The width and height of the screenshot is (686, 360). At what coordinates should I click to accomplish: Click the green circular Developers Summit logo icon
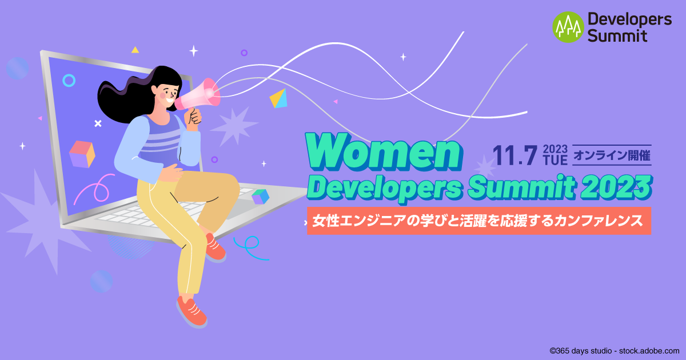pyautogui.click(x=568, y=27)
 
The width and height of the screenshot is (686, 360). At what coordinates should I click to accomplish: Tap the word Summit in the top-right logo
pyautogui.click(x=617, y=36)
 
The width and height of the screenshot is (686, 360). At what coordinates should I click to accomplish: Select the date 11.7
pyautogui.click(x=514, y=155)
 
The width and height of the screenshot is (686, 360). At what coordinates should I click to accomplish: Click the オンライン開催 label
pyautogui.click(x=612, y=155)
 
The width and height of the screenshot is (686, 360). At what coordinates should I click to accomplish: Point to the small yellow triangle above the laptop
pyautogui.click(x=135, y=50)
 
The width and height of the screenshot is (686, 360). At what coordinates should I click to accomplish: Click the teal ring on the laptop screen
pyautogui.click(x=69, y=81)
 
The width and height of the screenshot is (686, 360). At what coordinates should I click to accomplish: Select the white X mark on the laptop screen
pyautogui.click(x=98, y=123)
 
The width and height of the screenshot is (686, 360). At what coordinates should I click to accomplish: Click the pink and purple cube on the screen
pyautogui.click(x=82, y=154)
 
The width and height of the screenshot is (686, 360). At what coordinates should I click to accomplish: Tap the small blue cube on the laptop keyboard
pyautogui.click(x=261, y=197)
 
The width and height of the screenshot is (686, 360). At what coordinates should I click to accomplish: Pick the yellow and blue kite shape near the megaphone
pyautogui.click(x=278, y=98)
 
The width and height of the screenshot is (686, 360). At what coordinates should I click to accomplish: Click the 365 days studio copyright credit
pyautogui.click(x=615, y=350)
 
